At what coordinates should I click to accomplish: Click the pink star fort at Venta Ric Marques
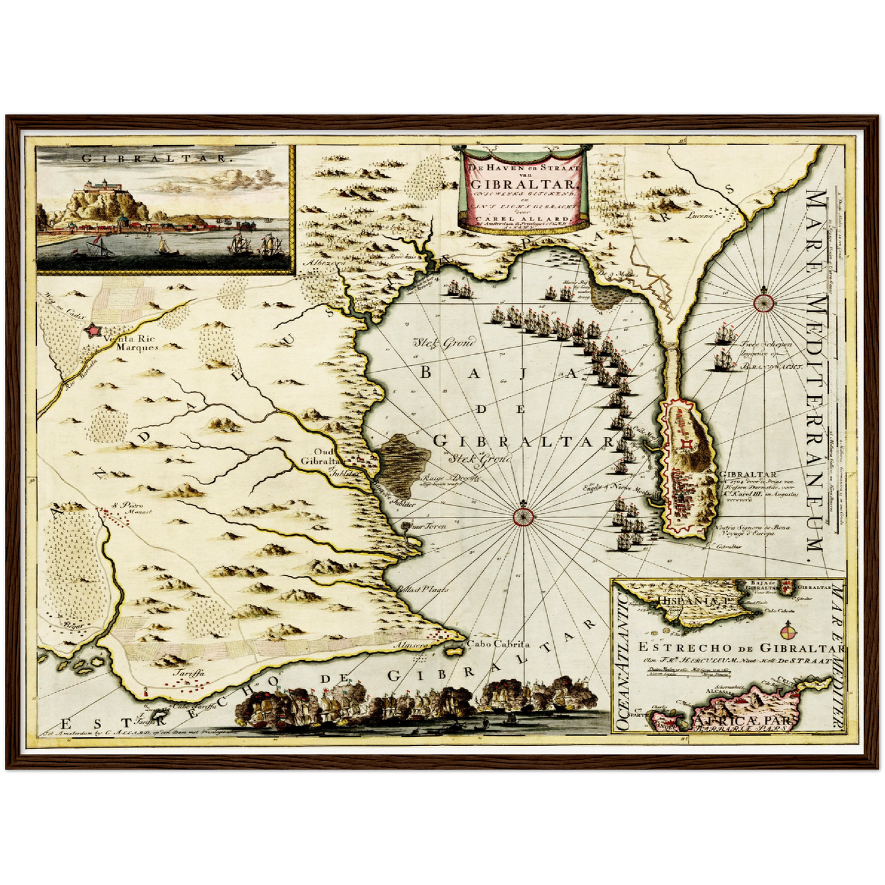[x=93, y=331]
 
